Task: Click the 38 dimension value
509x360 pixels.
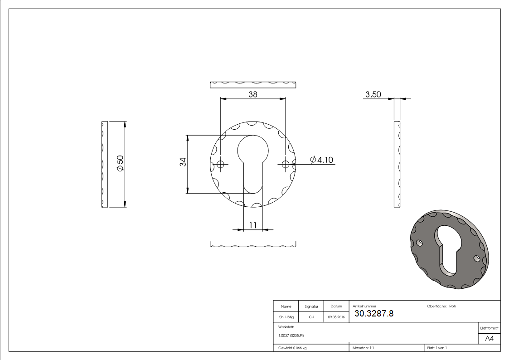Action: (x=252, y=94)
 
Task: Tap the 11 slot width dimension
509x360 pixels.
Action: (x=253, y=225)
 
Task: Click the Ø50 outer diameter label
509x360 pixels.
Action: (x=120, y=163)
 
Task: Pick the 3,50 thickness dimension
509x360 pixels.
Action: (x=373, y=94)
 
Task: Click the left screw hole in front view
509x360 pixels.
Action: (x=221, y=164)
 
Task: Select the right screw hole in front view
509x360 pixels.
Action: (x=285, y=164)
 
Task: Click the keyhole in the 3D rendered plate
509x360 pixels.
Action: (x=447, y=249)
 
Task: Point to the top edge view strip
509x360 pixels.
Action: (x=253, y=84)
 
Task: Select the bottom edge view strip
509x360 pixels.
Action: (x=253, y=244)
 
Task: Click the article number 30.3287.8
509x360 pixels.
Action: (x=373, y=313)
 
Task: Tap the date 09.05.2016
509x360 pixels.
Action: (x=336, y=317)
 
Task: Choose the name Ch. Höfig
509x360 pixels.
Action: (x=286, y=317)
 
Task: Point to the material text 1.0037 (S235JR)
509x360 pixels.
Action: (x=291, y=336)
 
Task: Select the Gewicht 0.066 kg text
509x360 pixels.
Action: (x=293, y=348)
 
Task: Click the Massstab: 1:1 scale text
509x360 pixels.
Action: (x=364, y=348)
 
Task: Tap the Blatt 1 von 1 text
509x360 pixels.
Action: (x=437, y=348)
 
